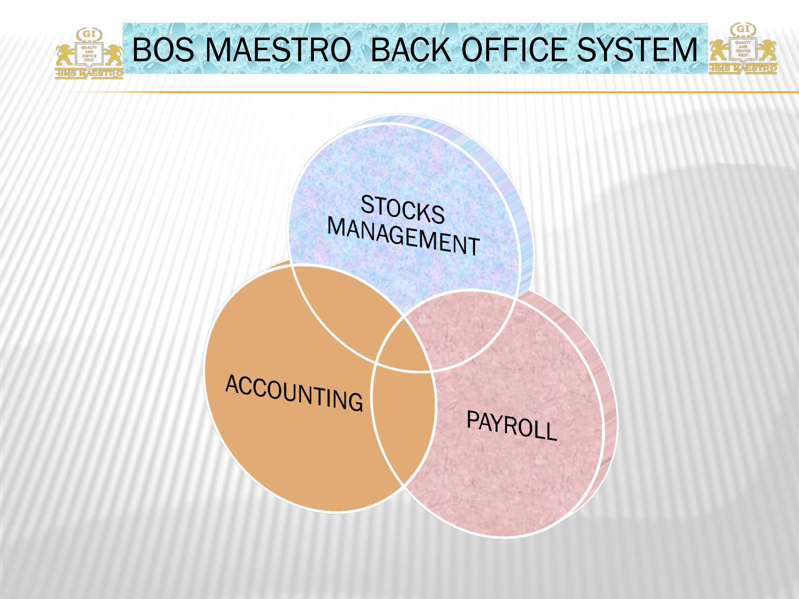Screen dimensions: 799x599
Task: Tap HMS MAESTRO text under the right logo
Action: coord(743,68)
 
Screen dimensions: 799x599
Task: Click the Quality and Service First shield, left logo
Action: coord(89,54)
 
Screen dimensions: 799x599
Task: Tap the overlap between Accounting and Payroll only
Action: coord(403,419)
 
